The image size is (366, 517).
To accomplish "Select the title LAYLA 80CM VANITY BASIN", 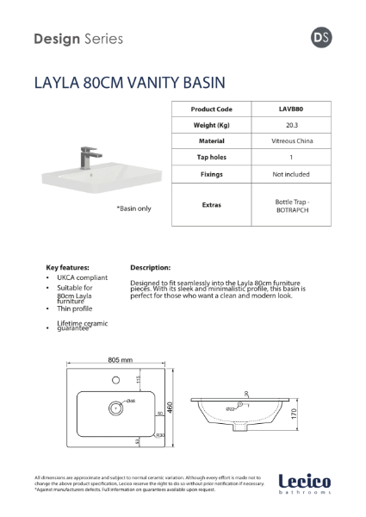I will point(129,84).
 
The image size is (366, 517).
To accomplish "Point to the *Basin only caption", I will point(109,209).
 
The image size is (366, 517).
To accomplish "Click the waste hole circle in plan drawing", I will point(112,406).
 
